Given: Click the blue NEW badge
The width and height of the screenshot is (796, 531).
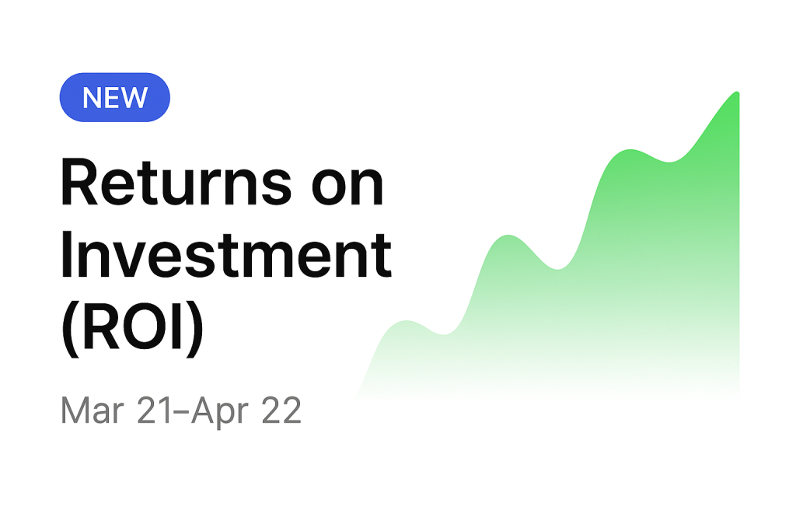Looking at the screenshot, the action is (115, 97).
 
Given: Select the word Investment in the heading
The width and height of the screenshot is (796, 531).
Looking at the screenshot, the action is (226, 255).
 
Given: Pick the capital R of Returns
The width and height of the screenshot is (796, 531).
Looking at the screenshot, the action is (79, 182).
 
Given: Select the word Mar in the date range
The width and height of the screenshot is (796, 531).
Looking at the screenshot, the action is (92, 410).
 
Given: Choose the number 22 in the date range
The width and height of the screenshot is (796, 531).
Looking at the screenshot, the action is (281, 410).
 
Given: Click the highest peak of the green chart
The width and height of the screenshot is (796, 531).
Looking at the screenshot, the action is (737, 93).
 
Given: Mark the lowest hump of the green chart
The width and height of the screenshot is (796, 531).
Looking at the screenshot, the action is (406, 322).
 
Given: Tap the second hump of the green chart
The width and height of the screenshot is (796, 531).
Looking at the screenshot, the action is (508, 236).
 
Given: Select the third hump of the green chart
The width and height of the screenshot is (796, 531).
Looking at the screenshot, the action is (630, 151).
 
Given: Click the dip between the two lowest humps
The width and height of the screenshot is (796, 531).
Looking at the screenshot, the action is (444, 334).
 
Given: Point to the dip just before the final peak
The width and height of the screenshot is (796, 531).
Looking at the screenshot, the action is (669, 161).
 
